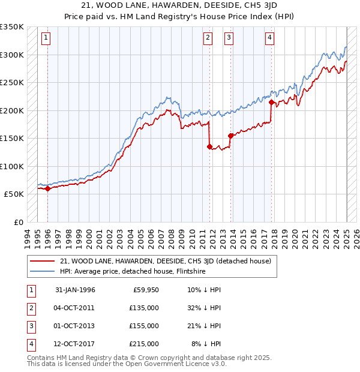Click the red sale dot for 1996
click(x=47, y=188)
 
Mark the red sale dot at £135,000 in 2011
click(x=209, y=146)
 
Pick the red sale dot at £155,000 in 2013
click(x=230, y=136)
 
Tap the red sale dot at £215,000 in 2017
click(x=272, y=102)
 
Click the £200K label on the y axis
click(x=12, y=110)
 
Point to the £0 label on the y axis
click(x=18, y=222)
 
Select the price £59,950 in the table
click(x=146, y=290)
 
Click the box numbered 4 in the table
click(x=30, y=344)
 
